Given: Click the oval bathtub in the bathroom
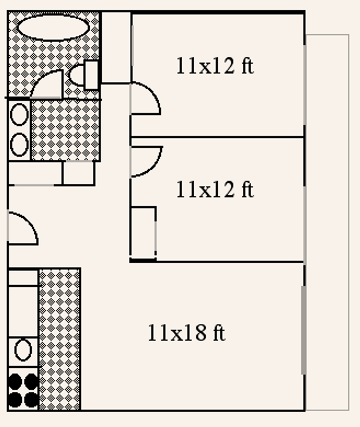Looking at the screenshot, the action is [53, 28].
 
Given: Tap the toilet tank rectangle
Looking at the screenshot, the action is [92, 75].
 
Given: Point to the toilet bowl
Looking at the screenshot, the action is [77, 76].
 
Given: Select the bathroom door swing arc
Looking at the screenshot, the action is [47, 84].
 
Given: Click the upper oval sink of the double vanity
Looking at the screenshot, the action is [19, 115].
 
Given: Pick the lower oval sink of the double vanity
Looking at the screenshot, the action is [19, 144].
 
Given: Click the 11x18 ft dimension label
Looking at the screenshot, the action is [187, 333].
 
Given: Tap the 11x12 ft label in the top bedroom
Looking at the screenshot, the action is [215, 66].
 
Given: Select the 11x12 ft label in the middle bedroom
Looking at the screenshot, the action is [215, 189].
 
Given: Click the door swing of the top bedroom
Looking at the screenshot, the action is [145, 98].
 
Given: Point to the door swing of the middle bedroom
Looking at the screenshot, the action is [146, 161].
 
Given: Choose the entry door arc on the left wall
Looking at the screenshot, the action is [23, 228].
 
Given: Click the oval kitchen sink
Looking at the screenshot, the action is [23, 350].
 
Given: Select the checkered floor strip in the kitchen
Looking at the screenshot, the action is [60, 339].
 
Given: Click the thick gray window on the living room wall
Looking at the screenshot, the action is [304, 330].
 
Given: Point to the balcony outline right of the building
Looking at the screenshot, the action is [328, 222].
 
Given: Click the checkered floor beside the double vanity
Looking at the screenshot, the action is [65, 130].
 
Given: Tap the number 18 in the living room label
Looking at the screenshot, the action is [196, 333].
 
